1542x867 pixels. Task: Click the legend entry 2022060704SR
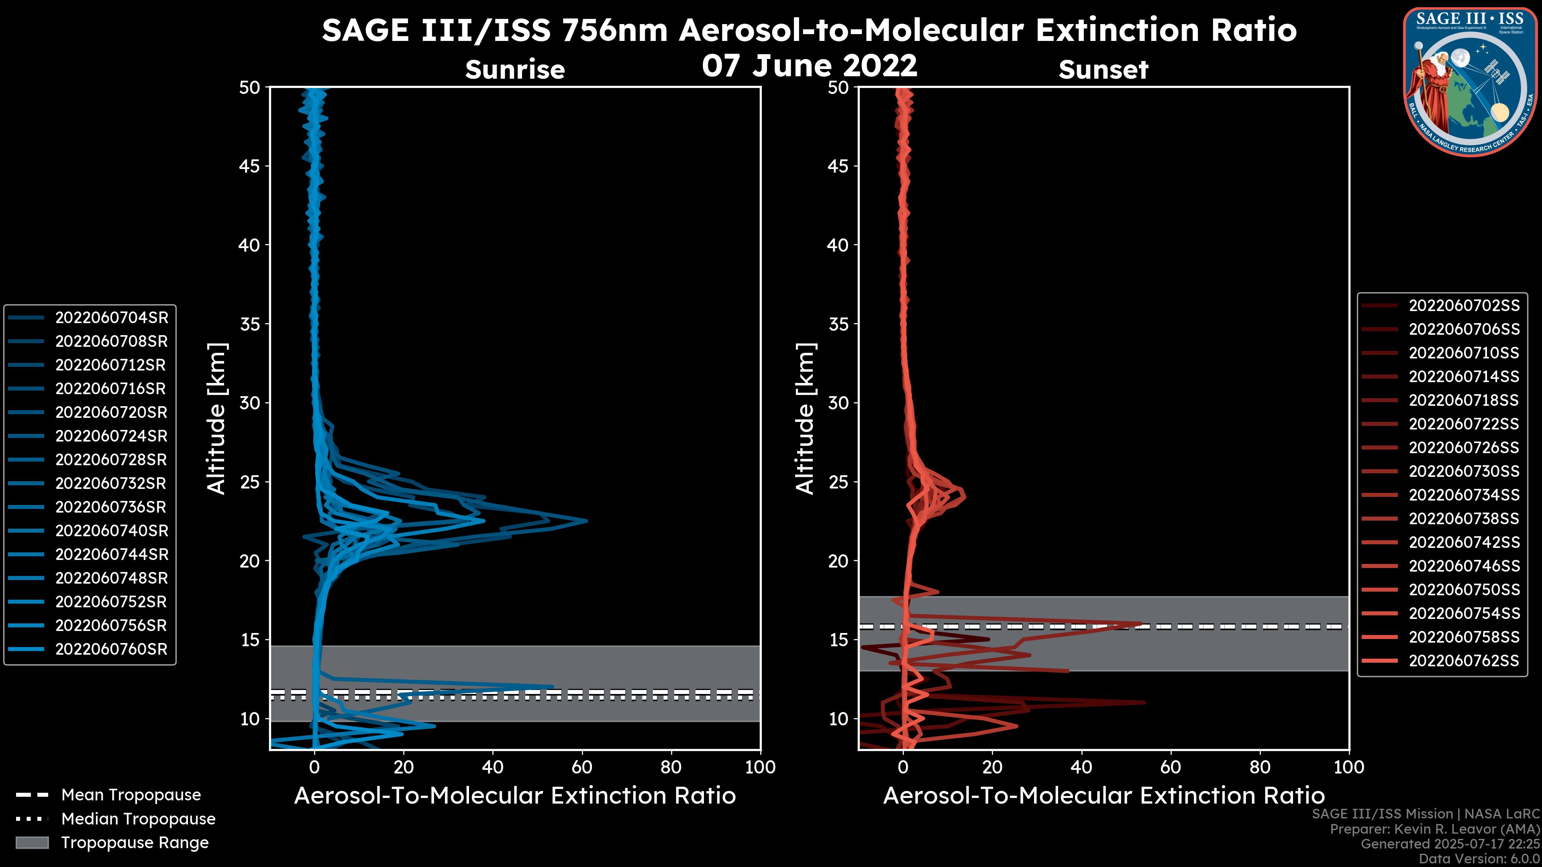coord(111,318)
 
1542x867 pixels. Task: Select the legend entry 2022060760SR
coord(111,649)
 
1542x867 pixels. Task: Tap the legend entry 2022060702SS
coord(1464,306)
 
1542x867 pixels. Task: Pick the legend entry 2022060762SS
coord(1464,661)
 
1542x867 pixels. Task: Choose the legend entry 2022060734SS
coord(1464,495)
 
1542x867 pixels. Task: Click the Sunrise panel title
coord(515,69)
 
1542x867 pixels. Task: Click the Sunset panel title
coord(1103,69)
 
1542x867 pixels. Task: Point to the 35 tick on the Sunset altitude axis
coord(838,324)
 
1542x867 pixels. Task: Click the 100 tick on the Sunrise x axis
coord(760,767)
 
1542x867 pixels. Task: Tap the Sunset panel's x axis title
coord(1103,796)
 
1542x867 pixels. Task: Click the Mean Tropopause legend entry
coord(131,795)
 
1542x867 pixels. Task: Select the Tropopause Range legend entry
coord(135,843)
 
